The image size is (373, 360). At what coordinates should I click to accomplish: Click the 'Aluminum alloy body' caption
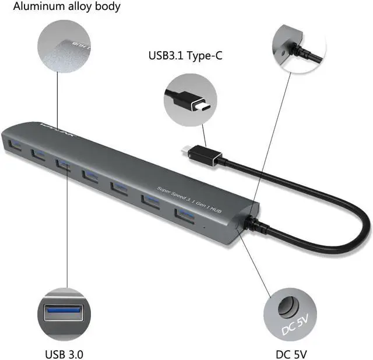(67, 8)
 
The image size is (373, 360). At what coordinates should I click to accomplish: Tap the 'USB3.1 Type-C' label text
(185, 57)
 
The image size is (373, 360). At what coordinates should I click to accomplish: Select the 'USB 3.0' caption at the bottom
(64, 353)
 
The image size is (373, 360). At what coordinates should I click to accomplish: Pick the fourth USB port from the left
(90, 174)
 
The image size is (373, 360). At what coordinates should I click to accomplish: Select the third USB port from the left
(63, 163)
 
